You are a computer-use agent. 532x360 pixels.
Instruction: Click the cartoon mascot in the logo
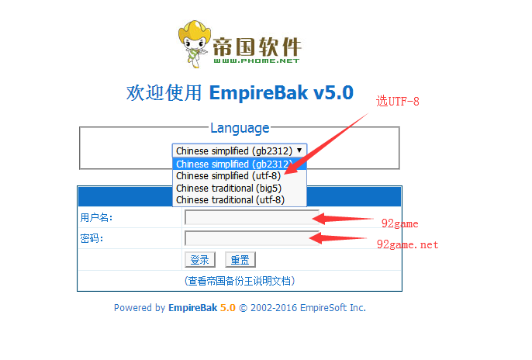194,43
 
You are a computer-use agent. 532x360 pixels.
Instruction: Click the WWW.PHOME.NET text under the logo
257,61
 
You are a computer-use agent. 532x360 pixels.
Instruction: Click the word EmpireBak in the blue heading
258,92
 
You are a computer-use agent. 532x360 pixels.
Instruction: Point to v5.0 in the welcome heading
333,92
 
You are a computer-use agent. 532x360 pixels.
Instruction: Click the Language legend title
240,128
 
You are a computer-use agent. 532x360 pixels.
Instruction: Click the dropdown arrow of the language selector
299,151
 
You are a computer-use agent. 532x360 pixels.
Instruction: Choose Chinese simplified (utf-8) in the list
228,176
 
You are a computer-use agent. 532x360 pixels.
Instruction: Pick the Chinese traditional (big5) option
229,188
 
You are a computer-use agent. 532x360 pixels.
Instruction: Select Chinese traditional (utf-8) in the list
230,200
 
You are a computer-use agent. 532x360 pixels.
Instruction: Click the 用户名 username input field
252,217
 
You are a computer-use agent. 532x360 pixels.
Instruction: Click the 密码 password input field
252,238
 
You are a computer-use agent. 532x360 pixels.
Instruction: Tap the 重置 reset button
240,260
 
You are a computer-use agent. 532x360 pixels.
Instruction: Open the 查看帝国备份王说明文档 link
240,281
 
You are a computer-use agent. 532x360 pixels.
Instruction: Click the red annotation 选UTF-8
398,101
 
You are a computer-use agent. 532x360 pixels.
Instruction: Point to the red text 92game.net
407,244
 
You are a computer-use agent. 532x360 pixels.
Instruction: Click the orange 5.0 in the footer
228,308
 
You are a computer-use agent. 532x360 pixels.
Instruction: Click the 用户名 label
96,217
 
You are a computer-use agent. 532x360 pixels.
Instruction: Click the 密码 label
92,238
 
